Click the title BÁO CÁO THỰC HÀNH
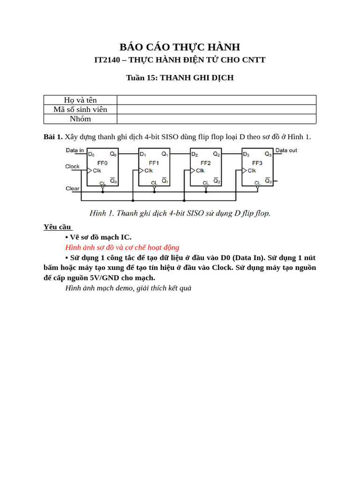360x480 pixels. coord(180,47)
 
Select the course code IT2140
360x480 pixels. coord(107,60)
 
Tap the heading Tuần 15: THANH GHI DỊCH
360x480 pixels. coord(180,78)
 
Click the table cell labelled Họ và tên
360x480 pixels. coord(80,100)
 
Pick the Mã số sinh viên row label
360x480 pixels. coord(80,109)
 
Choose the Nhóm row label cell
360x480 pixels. coord(80,119)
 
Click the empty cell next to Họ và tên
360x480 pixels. coord(216,100)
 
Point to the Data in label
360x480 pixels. coord(75,150)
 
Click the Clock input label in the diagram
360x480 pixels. coord(72,166)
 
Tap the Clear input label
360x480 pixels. coord(72,188)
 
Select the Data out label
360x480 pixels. coord(286,150)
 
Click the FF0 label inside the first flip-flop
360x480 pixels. coord(102,163)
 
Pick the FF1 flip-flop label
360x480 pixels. coord(154,163)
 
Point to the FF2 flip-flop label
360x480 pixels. coord(205,163)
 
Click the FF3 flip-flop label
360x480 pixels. coord(257,163)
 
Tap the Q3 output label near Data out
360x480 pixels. coord(268,154)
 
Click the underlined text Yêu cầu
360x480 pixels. coord(58,227)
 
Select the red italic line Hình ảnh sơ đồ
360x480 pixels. coord(122,247)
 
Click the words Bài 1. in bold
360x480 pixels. coord(53,137)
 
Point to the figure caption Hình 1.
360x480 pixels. coord(180,213)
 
